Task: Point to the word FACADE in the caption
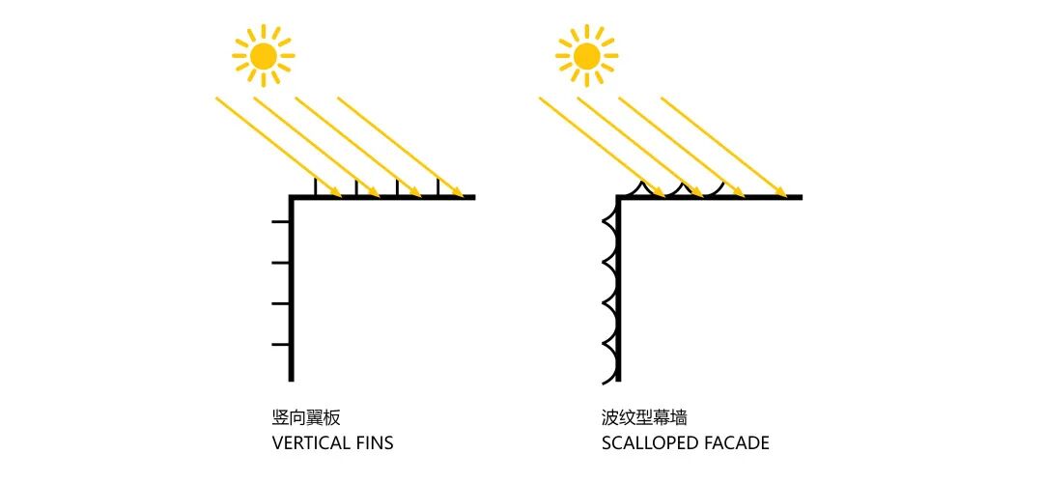[737, 443]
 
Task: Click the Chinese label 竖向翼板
[306, 418]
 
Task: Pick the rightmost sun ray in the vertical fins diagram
[400, 146]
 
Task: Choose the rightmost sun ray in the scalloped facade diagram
[723, 146]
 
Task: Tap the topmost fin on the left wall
[281, 222]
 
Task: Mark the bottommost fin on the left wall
[281, 344]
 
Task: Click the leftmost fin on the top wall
[316, 187]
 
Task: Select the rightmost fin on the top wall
[437, 187]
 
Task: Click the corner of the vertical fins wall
[291, 198]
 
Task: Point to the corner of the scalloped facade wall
[617, 198]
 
